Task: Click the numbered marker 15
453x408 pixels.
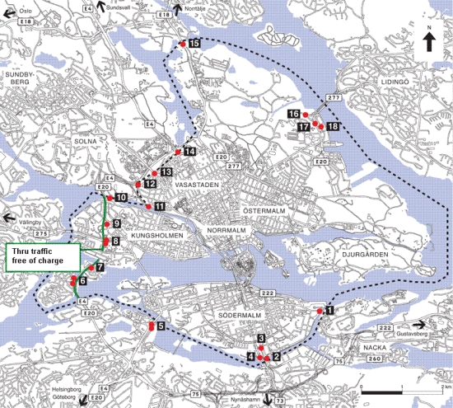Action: point(194,43)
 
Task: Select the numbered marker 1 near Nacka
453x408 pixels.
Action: point(329,311)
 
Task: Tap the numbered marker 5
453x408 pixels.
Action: point(161,327)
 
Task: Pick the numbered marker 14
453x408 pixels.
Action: point(189,152)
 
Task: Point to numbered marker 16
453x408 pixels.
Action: point(294,113)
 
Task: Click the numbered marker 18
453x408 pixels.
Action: point(332,126)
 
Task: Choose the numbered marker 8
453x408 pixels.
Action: point(116,242)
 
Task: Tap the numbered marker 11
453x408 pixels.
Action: point(160,206)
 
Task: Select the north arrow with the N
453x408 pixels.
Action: point(430,41)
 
